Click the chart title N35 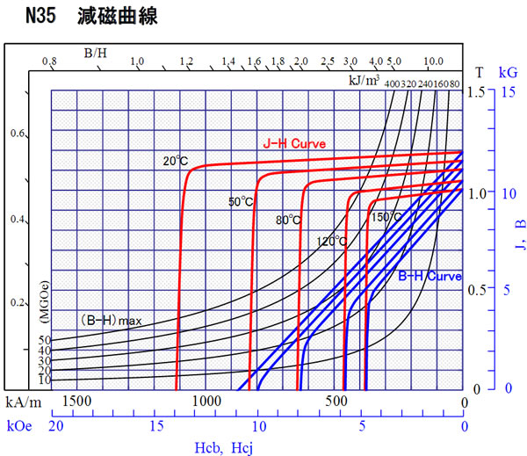point(44,16)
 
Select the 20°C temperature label point(176,161)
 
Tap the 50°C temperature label point(241,202)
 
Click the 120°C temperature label point(331,240)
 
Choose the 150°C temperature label point(386,217)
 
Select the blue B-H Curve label point(430,276)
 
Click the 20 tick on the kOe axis point(55,427)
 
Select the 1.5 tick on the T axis point(478,92)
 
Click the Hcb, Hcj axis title point(223,447)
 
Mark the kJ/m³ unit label point(365,81)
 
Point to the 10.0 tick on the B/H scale point(432,62)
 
